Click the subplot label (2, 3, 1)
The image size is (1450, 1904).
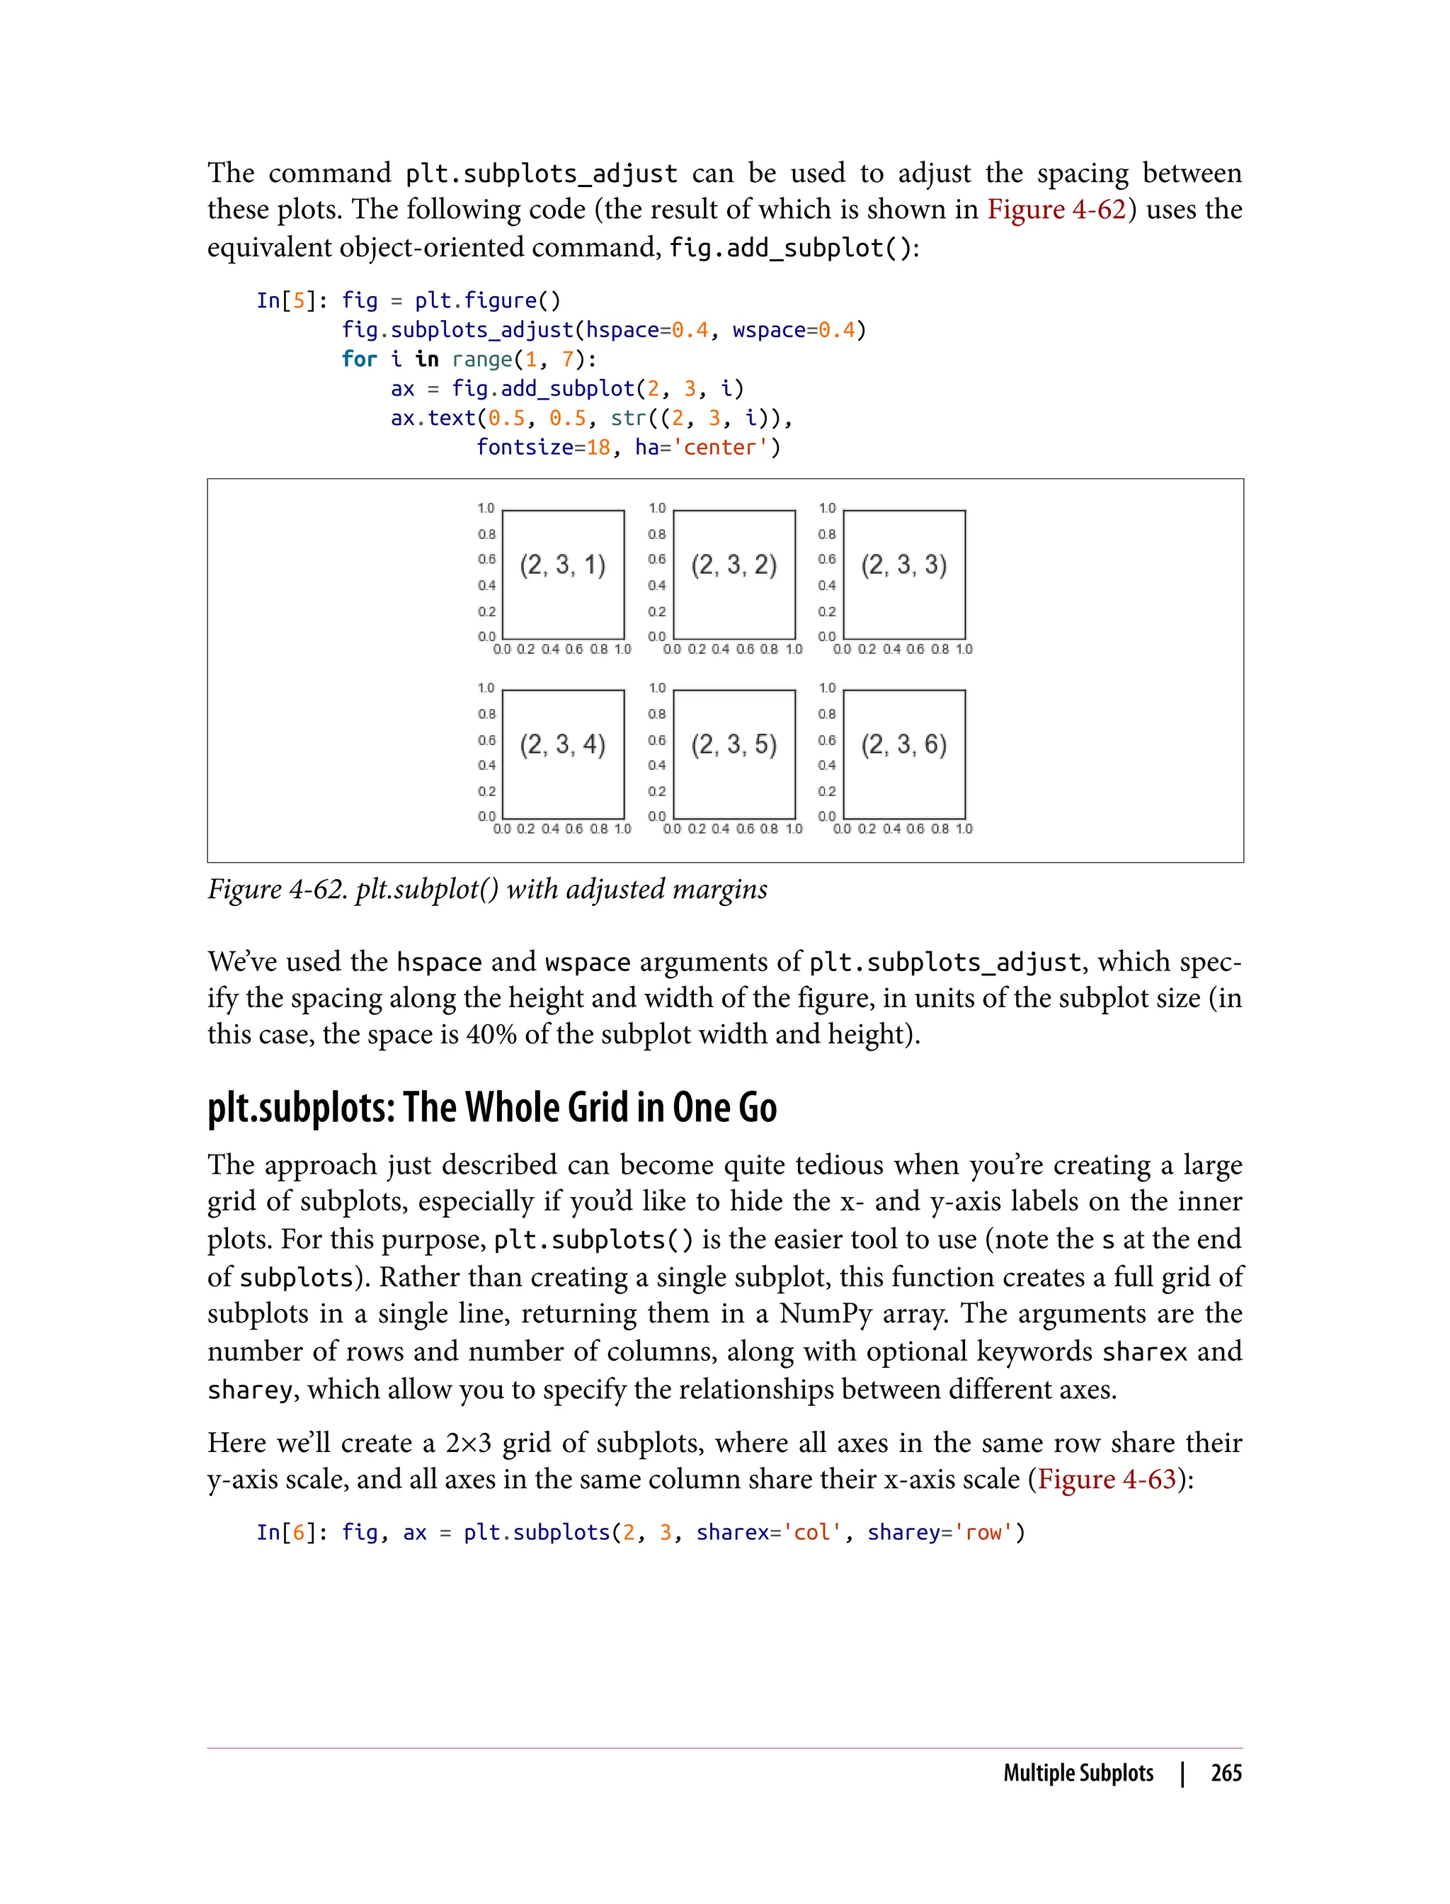563,565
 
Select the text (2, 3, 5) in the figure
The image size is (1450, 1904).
733,745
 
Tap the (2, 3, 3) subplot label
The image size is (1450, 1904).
903,565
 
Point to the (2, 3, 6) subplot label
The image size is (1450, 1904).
903,745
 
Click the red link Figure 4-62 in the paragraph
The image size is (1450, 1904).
1056,210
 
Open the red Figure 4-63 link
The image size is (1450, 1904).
1107,1479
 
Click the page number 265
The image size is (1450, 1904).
1226,1773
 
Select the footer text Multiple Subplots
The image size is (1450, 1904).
1078,1773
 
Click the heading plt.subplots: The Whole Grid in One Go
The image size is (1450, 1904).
492,1108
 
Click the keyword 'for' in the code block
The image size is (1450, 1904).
359,359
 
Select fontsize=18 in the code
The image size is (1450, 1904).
544,447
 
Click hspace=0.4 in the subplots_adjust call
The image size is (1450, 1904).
646,330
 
